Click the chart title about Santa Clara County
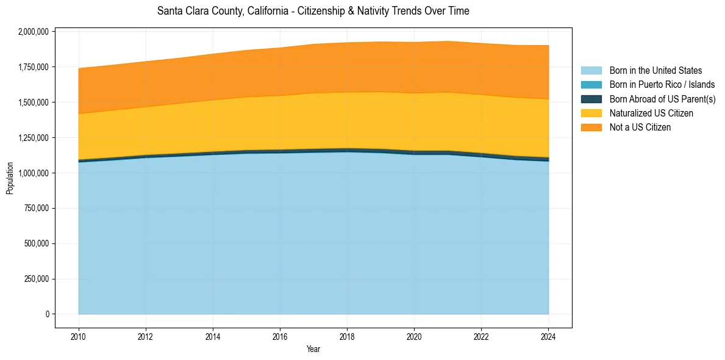313,11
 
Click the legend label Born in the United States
655,71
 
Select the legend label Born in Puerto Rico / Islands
662,85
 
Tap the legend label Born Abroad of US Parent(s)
662,99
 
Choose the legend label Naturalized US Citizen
651,113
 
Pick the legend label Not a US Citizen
640,128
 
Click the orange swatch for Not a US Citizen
591,128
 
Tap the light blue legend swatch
591,71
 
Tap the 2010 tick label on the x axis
78,336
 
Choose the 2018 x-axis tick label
347,336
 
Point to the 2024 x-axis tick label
548,336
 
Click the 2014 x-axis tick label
213,336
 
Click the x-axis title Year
313,350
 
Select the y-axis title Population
10,178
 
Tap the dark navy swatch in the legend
591,99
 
